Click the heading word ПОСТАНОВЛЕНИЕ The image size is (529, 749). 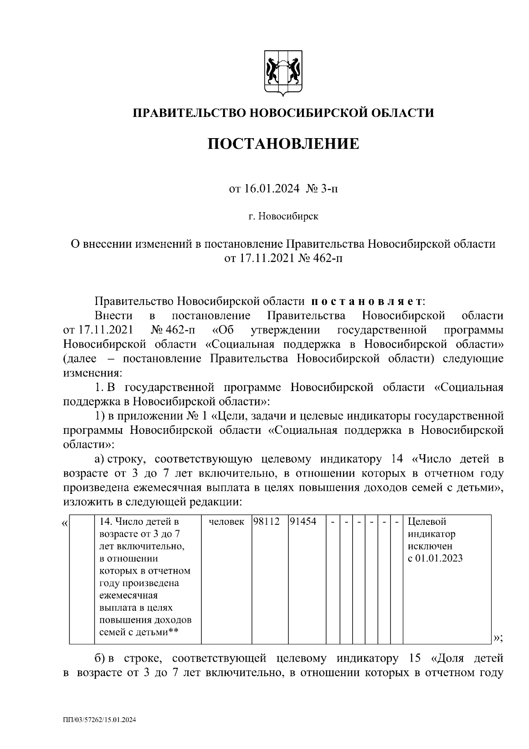(x=283, y=143)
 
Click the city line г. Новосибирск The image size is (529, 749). (x=283, y=216)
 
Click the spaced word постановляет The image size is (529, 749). (x=367, y=302)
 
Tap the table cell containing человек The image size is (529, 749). (x=226, y=522)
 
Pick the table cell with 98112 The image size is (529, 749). (x=267, y=522)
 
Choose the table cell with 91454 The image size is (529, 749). (x=303, y=522)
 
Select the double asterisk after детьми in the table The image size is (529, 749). (x=174, y=632)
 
